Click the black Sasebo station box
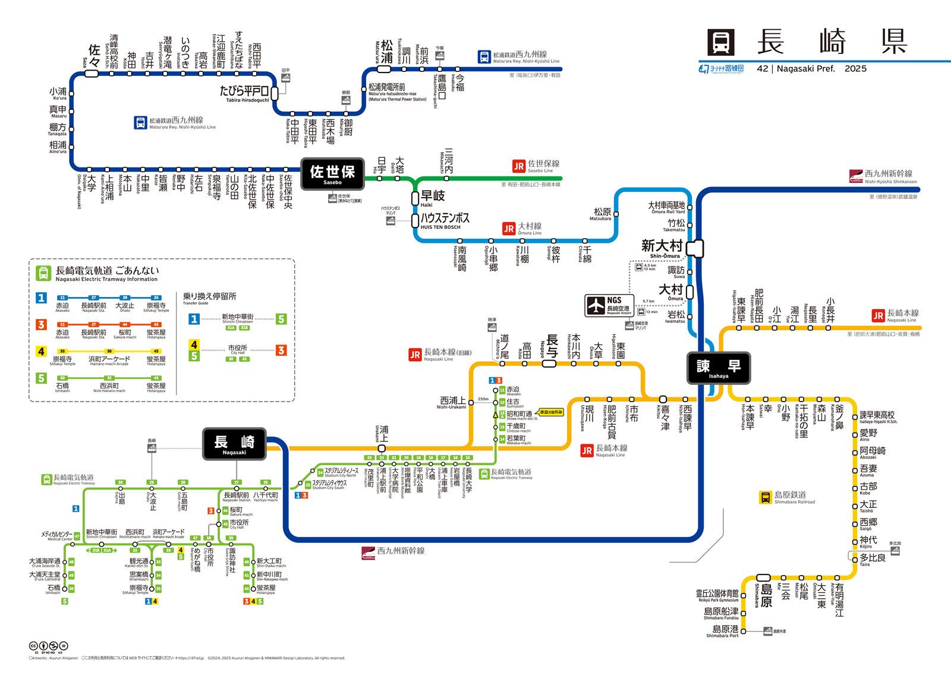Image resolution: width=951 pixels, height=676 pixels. pos(332,173)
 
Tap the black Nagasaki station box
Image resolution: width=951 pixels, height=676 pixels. pos(234,444)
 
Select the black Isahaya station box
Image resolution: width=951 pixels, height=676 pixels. pos(719,368)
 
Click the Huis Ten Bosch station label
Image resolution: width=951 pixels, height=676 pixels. pos(445,220)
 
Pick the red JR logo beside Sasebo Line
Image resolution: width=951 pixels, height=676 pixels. pos(519,166)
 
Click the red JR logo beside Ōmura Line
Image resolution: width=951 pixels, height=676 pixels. pos(509,229)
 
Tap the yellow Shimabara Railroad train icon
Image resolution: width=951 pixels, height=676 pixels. pos(766,497)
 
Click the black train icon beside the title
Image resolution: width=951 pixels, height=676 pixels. pos(721,43)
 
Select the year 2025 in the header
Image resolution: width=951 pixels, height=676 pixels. pos(855,69)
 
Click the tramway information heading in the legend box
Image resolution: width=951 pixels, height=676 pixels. pos(107,273)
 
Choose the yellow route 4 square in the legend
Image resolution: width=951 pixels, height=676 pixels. pos(42,351)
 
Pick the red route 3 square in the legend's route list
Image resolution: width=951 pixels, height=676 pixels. pos(42,324)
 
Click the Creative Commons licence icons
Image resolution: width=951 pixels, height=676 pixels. pos(48,646)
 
